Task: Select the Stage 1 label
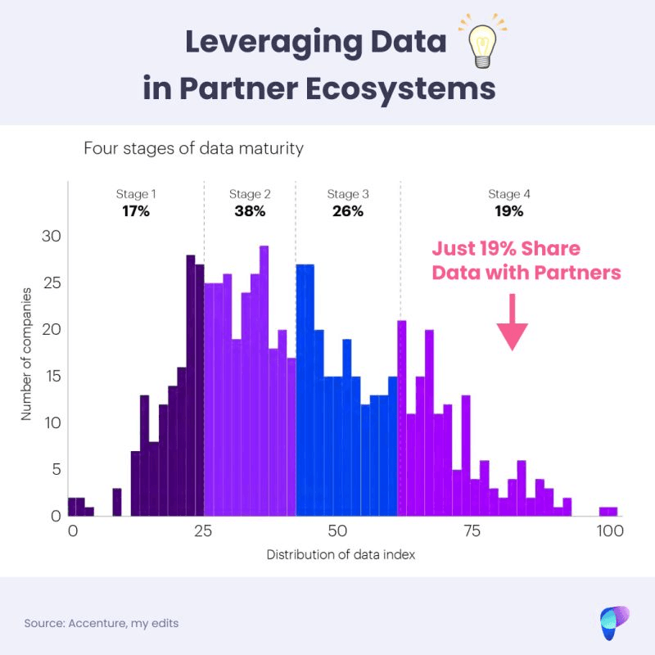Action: [136, 194]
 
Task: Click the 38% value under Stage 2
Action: [250, 211]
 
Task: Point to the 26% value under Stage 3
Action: [348, 211]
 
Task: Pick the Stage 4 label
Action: [509, 194]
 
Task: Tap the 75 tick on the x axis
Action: [471, 531]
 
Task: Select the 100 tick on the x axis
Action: [610, 531]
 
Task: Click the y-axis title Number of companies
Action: [26, 355]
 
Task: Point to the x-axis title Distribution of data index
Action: [341, 555]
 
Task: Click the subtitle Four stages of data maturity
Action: [193, 149]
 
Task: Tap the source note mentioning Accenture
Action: [102, 623]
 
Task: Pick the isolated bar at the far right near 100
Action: [608, 512]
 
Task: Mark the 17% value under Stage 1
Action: [136, 211]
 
